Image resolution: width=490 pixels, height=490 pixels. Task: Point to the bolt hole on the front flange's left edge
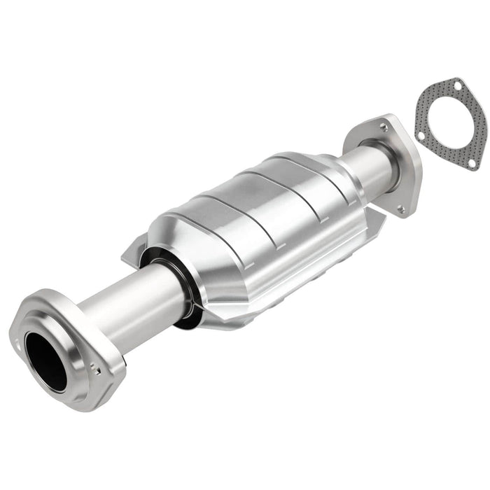[17, 342]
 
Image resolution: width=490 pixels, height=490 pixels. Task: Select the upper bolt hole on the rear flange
[383, 127]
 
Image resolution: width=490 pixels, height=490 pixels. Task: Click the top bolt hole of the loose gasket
[457, 86]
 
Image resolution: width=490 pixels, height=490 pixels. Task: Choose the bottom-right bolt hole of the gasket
[472, 162]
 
